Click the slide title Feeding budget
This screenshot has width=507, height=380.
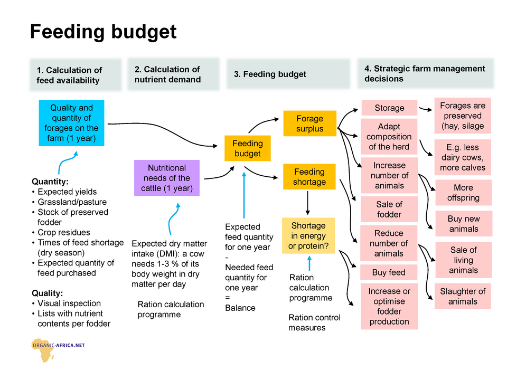pos(103,32)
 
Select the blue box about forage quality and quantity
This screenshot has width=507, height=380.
pos(71,123)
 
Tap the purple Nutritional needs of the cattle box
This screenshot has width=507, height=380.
pos(167,178)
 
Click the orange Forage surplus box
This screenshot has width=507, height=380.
pos(310,123)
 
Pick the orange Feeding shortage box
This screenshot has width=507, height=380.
pos(309,177)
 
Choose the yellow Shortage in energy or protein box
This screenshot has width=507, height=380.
pos(308,235)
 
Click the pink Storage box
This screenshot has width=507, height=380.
pos(389,108)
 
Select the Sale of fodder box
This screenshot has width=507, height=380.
pos(389,209)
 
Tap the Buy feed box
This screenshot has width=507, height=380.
pos(389,272)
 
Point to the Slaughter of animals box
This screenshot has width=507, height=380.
pos(463,296)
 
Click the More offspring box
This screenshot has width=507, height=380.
pos(463,193)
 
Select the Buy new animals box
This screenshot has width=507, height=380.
pos(464,224)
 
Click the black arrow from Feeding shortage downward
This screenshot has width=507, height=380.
pos(307,203)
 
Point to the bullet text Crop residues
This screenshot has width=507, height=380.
pos(64,232)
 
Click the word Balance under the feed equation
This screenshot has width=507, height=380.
pos(240,308)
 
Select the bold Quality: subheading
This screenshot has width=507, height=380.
pos(47,293)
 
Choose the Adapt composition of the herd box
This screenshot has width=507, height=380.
pos(389,137)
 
